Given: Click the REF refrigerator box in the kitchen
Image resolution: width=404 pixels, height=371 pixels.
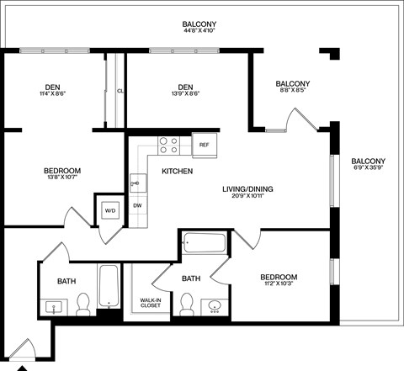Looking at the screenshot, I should point(204,145).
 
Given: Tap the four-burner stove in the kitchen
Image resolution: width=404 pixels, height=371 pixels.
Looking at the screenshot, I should point(168,146).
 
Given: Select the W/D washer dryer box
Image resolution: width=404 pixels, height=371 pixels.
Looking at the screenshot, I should point(110,210).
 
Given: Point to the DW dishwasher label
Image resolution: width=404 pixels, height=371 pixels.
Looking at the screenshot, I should point(137,205).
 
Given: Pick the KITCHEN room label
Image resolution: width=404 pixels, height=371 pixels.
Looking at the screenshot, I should point(177,172).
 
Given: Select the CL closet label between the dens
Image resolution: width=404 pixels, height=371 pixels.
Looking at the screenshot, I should point(120,91).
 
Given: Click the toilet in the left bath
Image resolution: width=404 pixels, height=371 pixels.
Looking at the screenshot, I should point(83,305).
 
